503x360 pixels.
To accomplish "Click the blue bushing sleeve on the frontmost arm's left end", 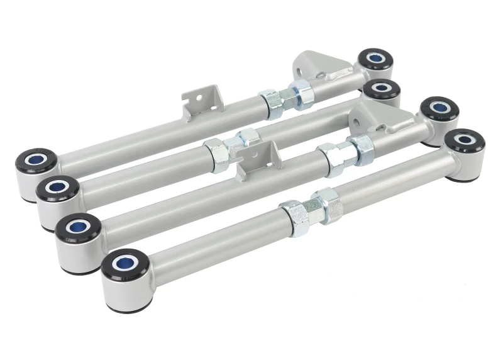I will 125,259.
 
